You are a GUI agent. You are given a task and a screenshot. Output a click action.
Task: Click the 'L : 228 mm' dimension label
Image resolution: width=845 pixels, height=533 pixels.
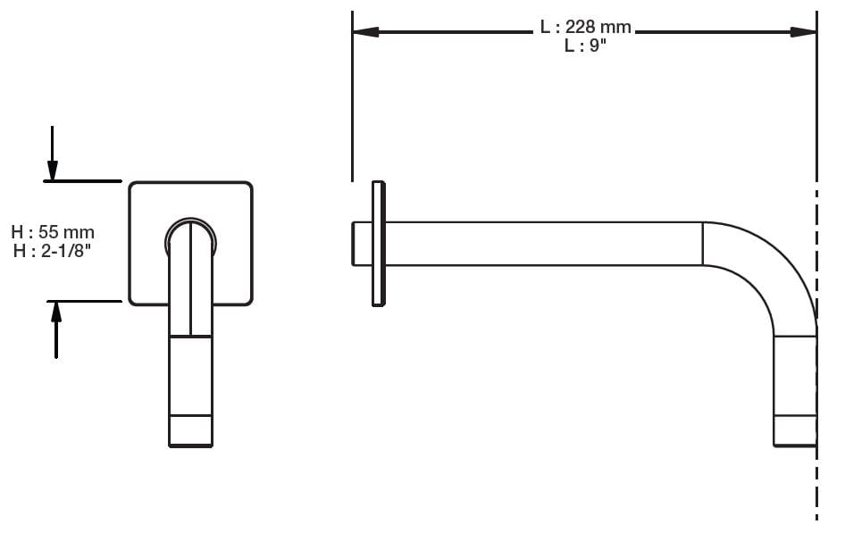(x=585, y=28)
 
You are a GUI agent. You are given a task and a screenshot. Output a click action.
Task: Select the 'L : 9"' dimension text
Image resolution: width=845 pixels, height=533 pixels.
(x=585, y=46)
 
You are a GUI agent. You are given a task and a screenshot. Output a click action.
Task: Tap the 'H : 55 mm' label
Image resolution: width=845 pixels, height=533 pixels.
(x=53, y=232)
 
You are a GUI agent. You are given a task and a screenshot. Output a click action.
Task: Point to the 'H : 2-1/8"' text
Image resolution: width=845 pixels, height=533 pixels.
(x=53, y=251)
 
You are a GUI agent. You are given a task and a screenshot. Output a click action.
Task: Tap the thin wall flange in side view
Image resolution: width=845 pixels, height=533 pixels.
(x=379, y=244)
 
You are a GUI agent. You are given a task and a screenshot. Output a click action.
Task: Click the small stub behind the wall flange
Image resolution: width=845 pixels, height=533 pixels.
(x=361, y=244)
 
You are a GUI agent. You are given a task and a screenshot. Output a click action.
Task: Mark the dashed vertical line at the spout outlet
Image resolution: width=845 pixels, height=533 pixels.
(x=816, y=482)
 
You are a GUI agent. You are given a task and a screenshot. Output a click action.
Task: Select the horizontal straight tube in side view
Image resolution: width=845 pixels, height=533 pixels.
(x=545, y=244)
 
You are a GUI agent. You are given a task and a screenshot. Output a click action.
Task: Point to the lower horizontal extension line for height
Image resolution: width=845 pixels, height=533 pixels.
(x=85, y=301)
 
